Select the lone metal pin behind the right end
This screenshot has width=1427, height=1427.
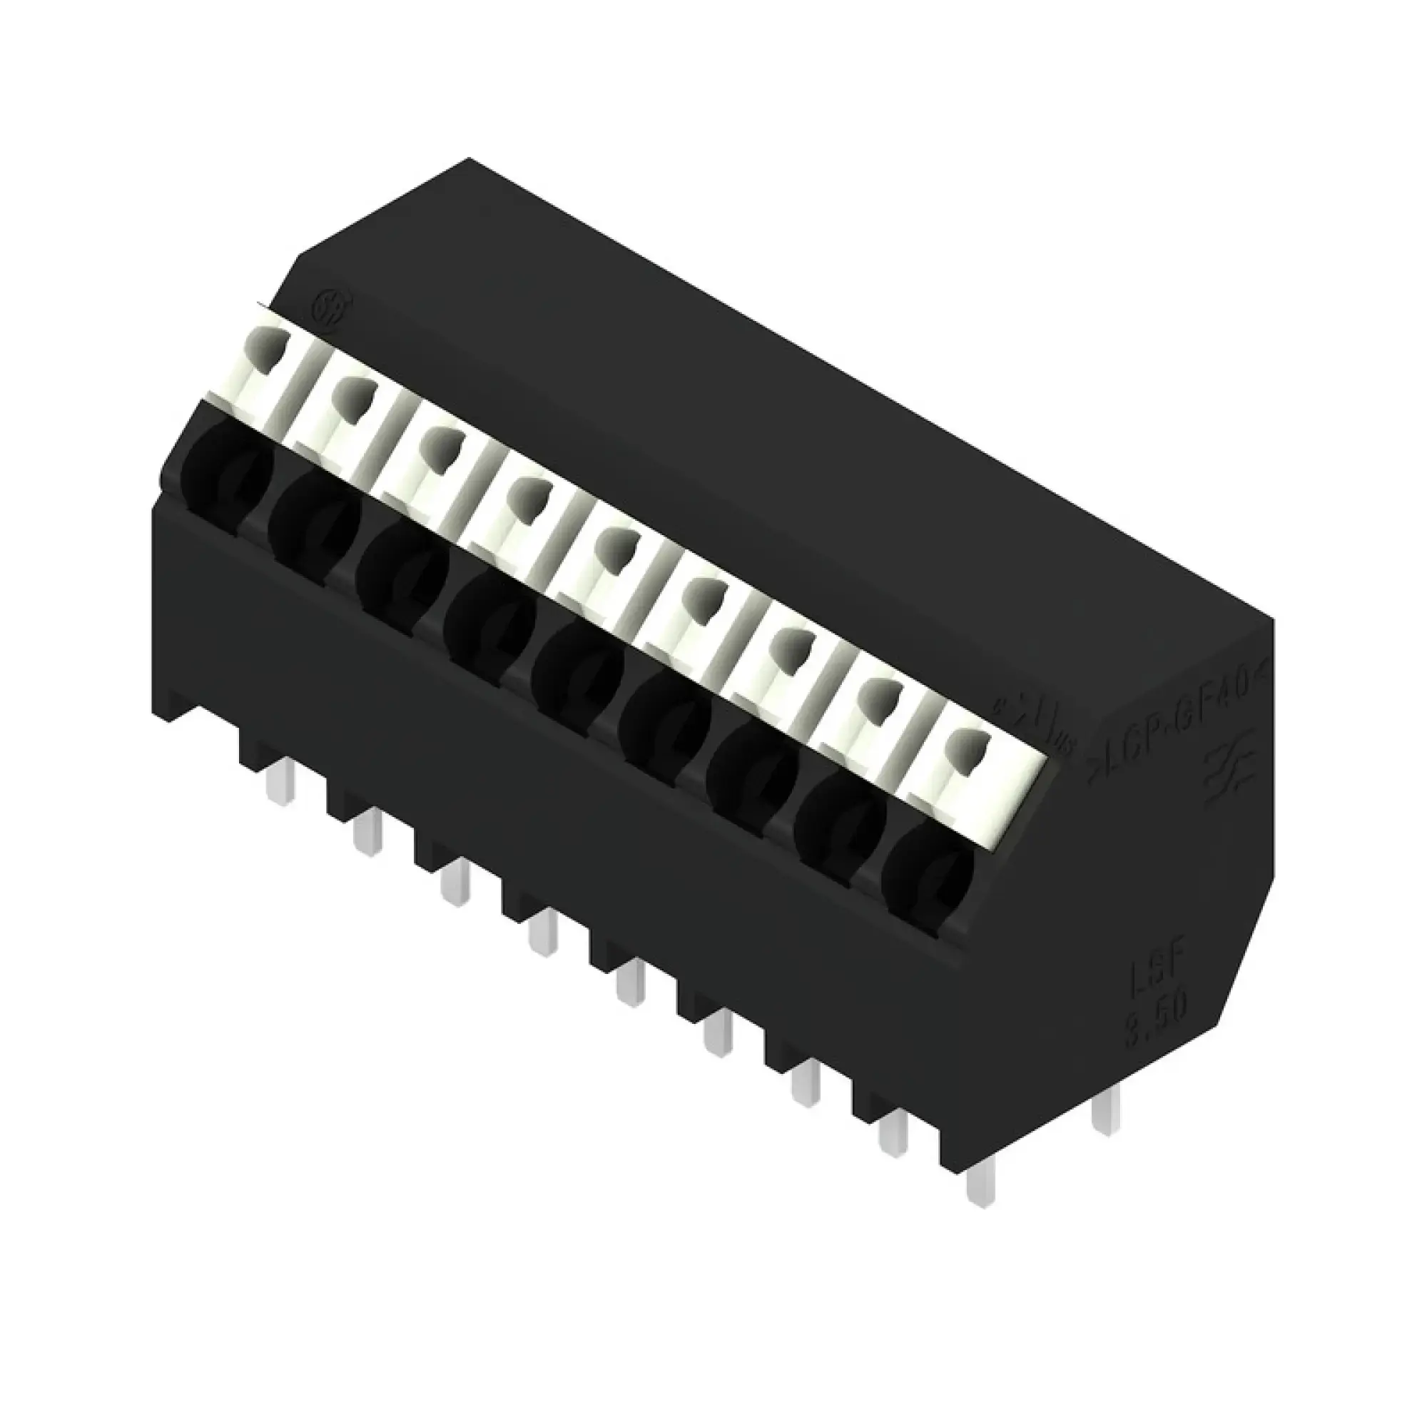(1105, 1127)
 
